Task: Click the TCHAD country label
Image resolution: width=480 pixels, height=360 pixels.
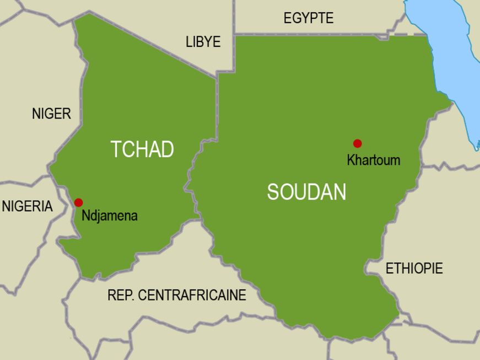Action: pyautogui.click(x=142, y=149)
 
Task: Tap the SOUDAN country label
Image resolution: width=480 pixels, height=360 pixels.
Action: pyautogui.click(x=306, y=192)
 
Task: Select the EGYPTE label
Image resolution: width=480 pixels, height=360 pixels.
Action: pyautogui.click(x=308, y=18)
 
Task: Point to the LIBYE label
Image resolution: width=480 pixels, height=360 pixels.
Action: pyautogui.click(x=203, y=42)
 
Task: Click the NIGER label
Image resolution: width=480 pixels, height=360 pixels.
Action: pyautogui.click(x=51, y=114)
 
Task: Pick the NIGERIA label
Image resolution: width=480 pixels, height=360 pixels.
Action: pyautogui.click(x=28, y=207)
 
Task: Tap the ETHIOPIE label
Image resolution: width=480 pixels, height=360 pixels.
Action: pyautogui.click(x=414, y=268)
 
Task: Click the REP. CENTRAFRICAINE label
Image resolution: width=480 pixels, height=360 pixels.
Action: pyautogui.click(x=176, y=295)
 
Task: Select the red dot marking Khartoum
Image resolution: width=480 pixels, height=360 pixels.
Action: pyautogui.click(x=357, y=143)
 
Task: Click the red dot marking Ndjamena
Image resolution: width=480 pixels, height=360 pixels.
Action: pyautogui.click(x=79, y=202)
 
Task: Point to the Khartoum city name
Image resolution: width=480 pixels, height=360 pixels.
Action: pyautogui.click(x=373, y=160)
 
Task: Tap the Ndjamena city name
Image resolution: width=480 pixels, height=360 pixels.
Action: pyautogui.click(x=109, y=216)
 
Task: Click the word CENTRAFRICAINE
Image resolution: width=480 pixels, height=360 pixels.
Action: pyautogui.click(x=192, y=295)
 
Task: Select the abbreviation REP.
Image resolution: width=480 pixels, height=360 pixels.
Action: pyautogui.click(x=121, y=295)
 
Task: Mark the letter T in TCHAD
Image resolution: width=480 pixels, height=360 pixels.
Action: pyautogui.click(x=115, y=149)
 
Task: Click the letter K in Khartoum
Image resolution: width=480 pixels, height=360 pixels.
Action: pyautogui.click(x=350, y=160)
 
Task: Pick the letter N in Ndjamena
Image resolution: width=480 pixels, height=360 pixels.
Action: pyautogui.click(x=85, y=216)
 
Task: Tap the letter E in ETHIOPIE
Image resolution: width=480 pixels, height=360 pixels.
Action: pyautogui.click(x=389, y=268)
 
